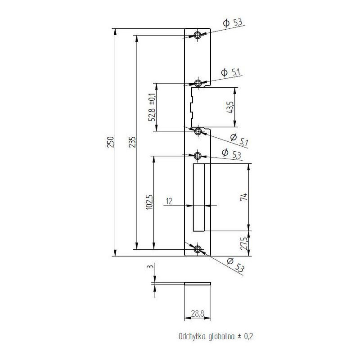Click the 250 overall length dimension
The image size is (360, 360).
(x=110, y=142)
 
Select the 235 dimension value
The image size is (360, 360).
(x=132, y=142)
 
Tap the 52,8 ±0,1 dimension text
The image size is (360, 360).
(x=152, y=107)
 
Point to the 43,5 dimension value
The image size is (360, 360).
(x=230, y=107)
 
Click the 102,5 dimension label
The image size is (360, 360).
(x=149, y=202)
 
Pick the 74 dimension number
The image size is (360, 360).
(x=244, y=197)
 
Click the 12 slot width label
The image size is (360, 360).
(x=169, y=201)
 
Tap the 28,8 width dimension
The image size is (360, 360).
(x=198, y=313)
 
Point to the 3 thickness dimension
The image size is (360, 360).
(x=151, y=266)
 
